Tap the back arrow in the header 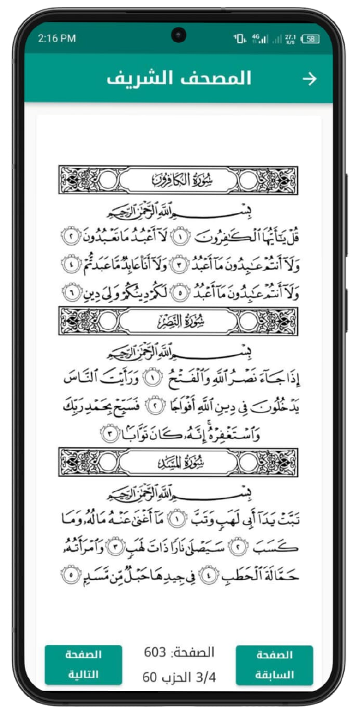(x=309, y=79)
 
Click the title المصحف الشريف (x=179, y=79)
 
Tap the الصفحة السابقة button (x=275, y=665)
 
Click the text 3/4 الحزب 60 (x=179, y=677)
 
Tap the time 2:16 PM (x=56, y=39)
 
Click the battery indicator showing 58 (x=310, y=39)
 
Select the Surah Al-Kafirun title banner (x=179, y=180)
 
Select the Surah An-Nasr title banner (x=179, y=321)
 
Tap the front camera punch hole (x=179, y=35)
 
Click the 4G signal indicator (x=260, y=39)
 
